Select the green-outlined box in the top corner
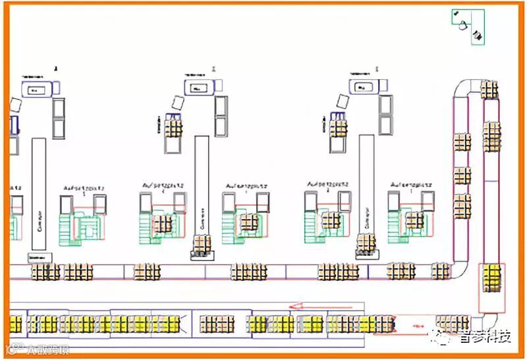click(x=468, y=26)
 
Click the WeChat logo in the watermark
click(x=442, y=336)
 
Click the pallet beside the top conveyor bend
click(x=489, y=89)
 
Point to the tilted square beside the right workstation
click(x=343, y=101)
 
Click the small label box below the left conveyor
click(x=40, y=256)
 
